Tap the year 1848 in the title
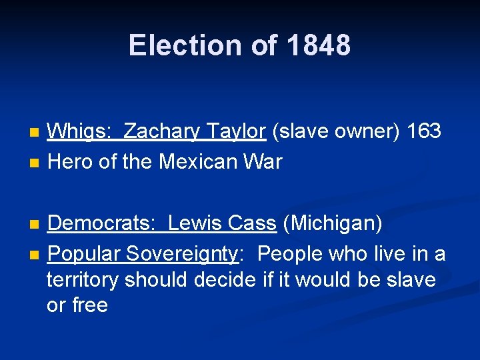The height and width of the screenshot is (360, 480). (319, 45)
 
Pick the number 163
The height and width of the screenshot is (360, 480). (423, 131)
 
